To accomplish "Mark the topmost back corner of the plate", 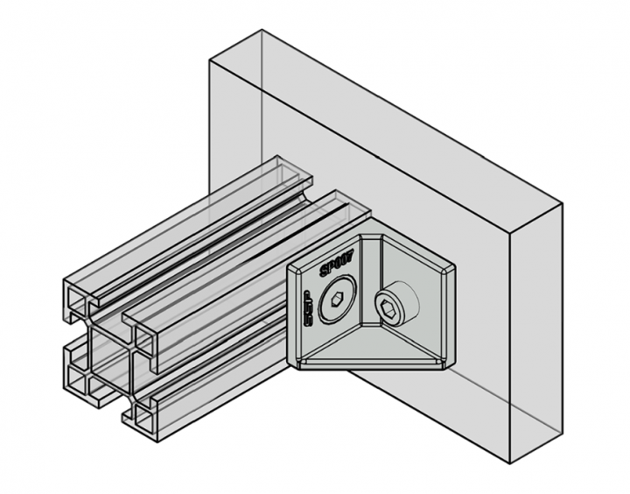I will coord(263,31).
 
